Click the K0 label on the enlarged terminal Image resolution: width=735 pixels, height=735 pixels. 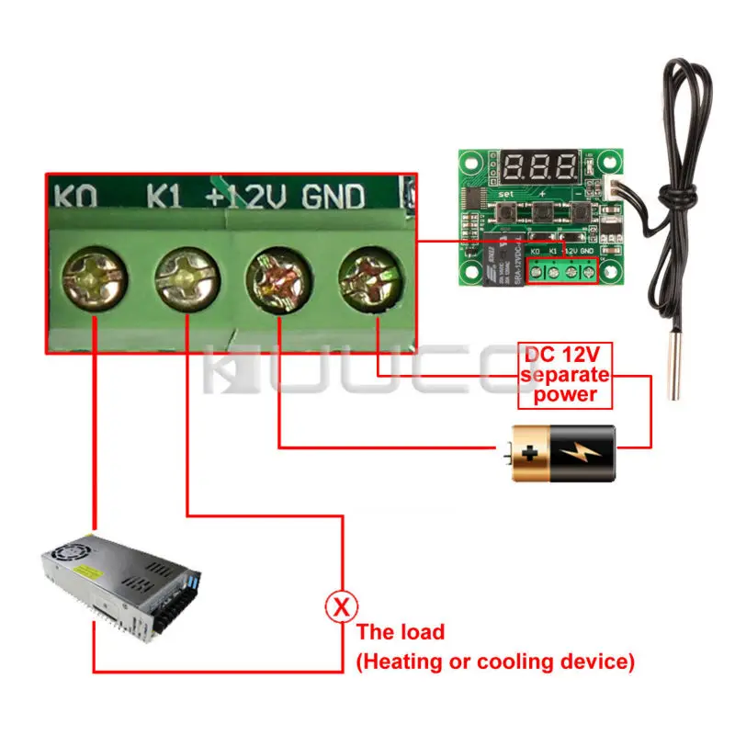[76, 196]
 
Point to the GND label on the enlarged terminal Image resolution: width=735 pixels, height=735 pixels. [334, 196]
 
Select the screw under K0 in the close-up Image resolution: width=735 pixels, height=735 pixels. [94, 277]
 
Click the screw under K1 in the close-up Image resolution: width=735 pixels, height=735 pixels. [187, 277]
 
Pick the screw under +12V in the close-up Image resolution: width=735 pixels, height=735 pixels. [279, 277]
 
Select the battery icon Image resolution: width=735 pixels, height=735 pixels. [557, 452]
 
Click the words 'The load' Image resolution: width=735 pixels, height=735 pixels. [400, 632]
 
